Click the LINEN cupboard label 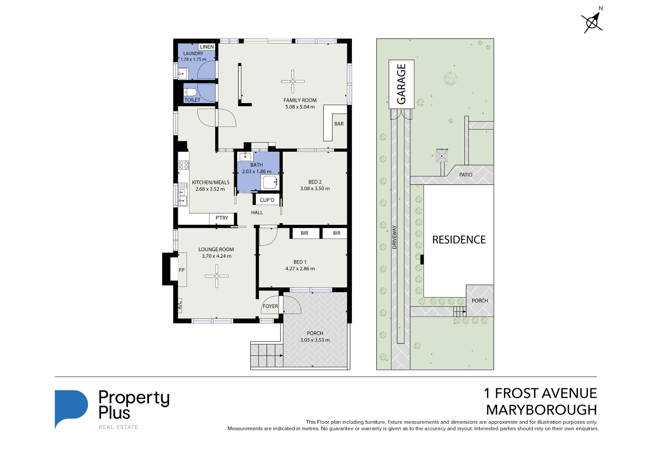(x=207, y=47)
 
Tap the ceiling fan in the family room (x=293, y=81)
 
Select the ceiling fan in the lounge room (x=217, y=276)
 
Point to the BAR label (x=339, y=124)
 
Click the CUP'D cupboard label (x=267, y=200)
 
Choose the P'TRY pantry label (x=222, y=218)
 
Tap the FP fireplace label (x=182, y=270)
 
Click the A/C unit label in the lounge (x=179, y=305)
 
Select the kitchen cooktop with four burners (x=184, y=165)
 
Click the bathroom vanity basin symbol (x=245, y=157)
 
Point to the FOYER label (x=270, y=306)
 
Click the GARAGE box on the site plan (x=401, y=84)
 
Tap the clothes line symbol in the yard (x=442, y=156)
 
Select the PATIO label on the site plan (x=465, y=175)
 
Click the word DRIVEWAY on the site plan (x=395, y=237)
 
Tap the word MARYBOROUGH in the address (x=541, y=410)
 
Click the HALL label (x=257, y=213)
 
